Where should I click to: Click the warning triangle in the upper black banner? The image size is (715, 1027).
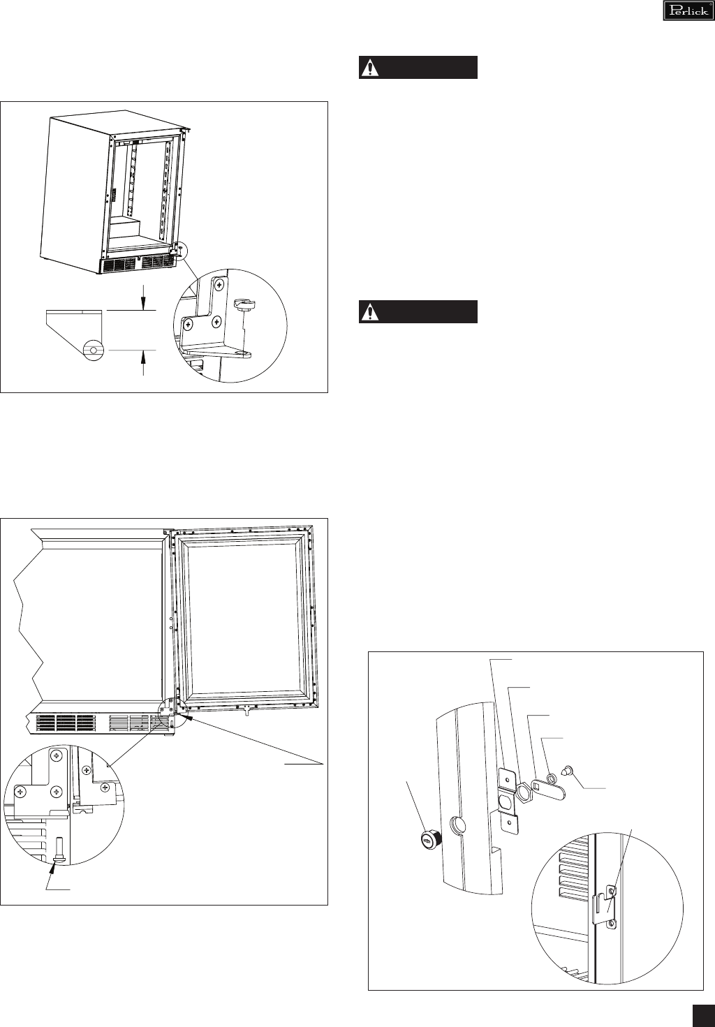(369, 68)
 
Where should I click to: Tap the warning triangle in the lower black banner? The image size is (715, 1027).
(369, 312)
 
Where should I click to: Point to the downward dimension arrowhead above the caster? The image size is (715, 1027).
(144, 302)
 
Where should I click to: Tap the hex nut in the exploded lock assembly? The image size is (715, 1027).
(523, 792)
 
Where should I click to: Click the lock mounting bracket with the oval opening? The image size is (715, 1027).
(508, 799)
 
